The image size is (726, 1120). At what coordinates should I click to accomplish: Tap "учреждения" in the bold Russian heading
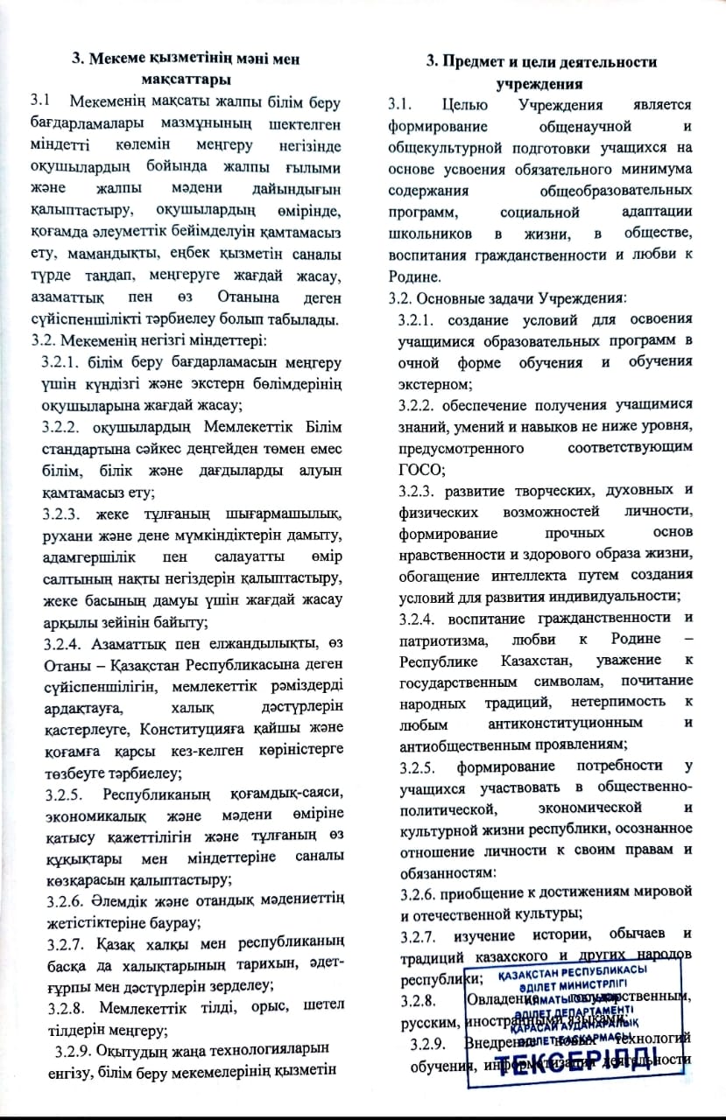point(540,85)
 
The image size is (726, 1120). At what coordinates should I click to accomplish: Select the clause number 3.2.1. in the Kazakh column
point(69,361)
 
